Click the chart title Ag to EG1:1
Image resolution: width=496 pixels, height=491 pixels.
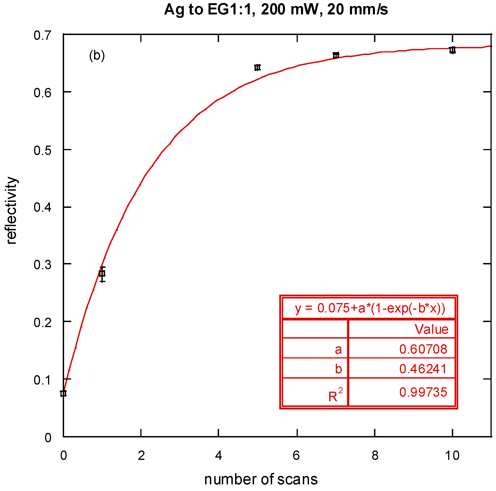(276, 10)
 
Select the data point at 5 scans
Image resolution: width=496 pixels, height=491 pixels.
(257, 68)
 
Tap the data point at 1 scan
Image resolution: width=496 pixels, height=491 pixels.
(102, 274)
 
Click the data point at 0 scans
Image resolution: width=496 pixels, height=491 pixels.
(63, 393)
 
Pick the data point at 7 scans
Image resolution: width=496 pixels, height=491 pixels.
(336, 55)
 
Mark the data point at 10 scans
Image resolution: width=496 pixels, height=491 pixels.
(452, 50)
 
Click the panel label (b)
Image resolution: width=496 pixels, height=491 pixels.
(97, 55)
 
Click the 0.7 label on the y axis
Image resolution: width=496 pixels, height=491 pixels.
(42, 35)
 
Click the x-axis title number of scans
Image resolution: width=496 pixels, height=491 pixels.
(261, 479)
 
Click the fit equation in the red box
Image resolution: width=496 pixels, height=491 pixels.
(370, 308)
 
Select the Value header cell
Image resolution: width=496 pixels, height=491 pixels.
(431, 329)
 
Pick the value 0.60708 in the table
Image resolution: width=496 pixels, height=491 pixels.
(423, 349)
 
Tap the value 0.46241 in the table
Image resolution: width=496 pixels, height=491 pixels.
(423, 369)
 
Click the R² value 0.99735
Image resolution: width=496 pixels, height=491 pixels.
(423, 392)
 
